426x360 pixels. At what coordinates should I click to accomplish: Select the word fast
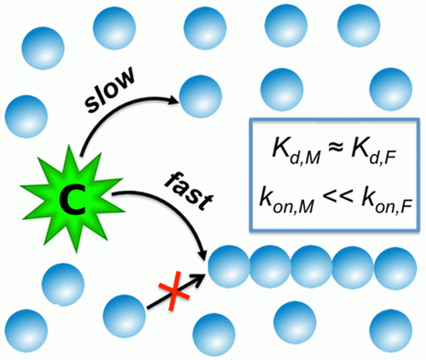[x=189, y=191]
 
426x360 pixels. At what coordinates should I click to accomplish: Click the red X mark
[x=174, y=291]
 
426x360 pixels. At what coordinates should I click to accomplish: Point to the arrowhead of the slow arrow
[x=173, y=100]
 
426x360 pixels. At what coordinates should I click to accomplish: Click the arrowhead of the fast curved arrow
[x=203, y=253]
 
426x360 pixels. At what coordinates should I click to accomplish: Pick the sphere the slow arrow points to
[x=200, y=96]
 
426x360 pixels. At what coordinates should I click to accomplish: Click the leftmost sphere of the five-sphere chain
[x=229, y=267]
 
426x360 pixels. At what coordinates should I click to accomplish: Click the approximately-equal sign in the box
[x=336, y=150]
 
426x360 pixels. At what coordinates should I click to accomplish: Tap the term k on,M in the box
[x=287, y=199]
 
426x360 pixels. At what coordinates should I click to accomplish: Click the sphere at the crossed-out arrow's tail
[x=124, y=316]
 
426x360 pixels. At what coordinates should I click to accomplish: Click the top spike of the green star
[x=70, y=151]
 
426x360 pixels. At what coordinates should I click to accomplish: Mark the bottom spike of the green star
[x=76, y=247]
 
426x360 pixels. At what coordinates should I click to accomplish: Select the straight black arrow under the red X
[x=176, y=291]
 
